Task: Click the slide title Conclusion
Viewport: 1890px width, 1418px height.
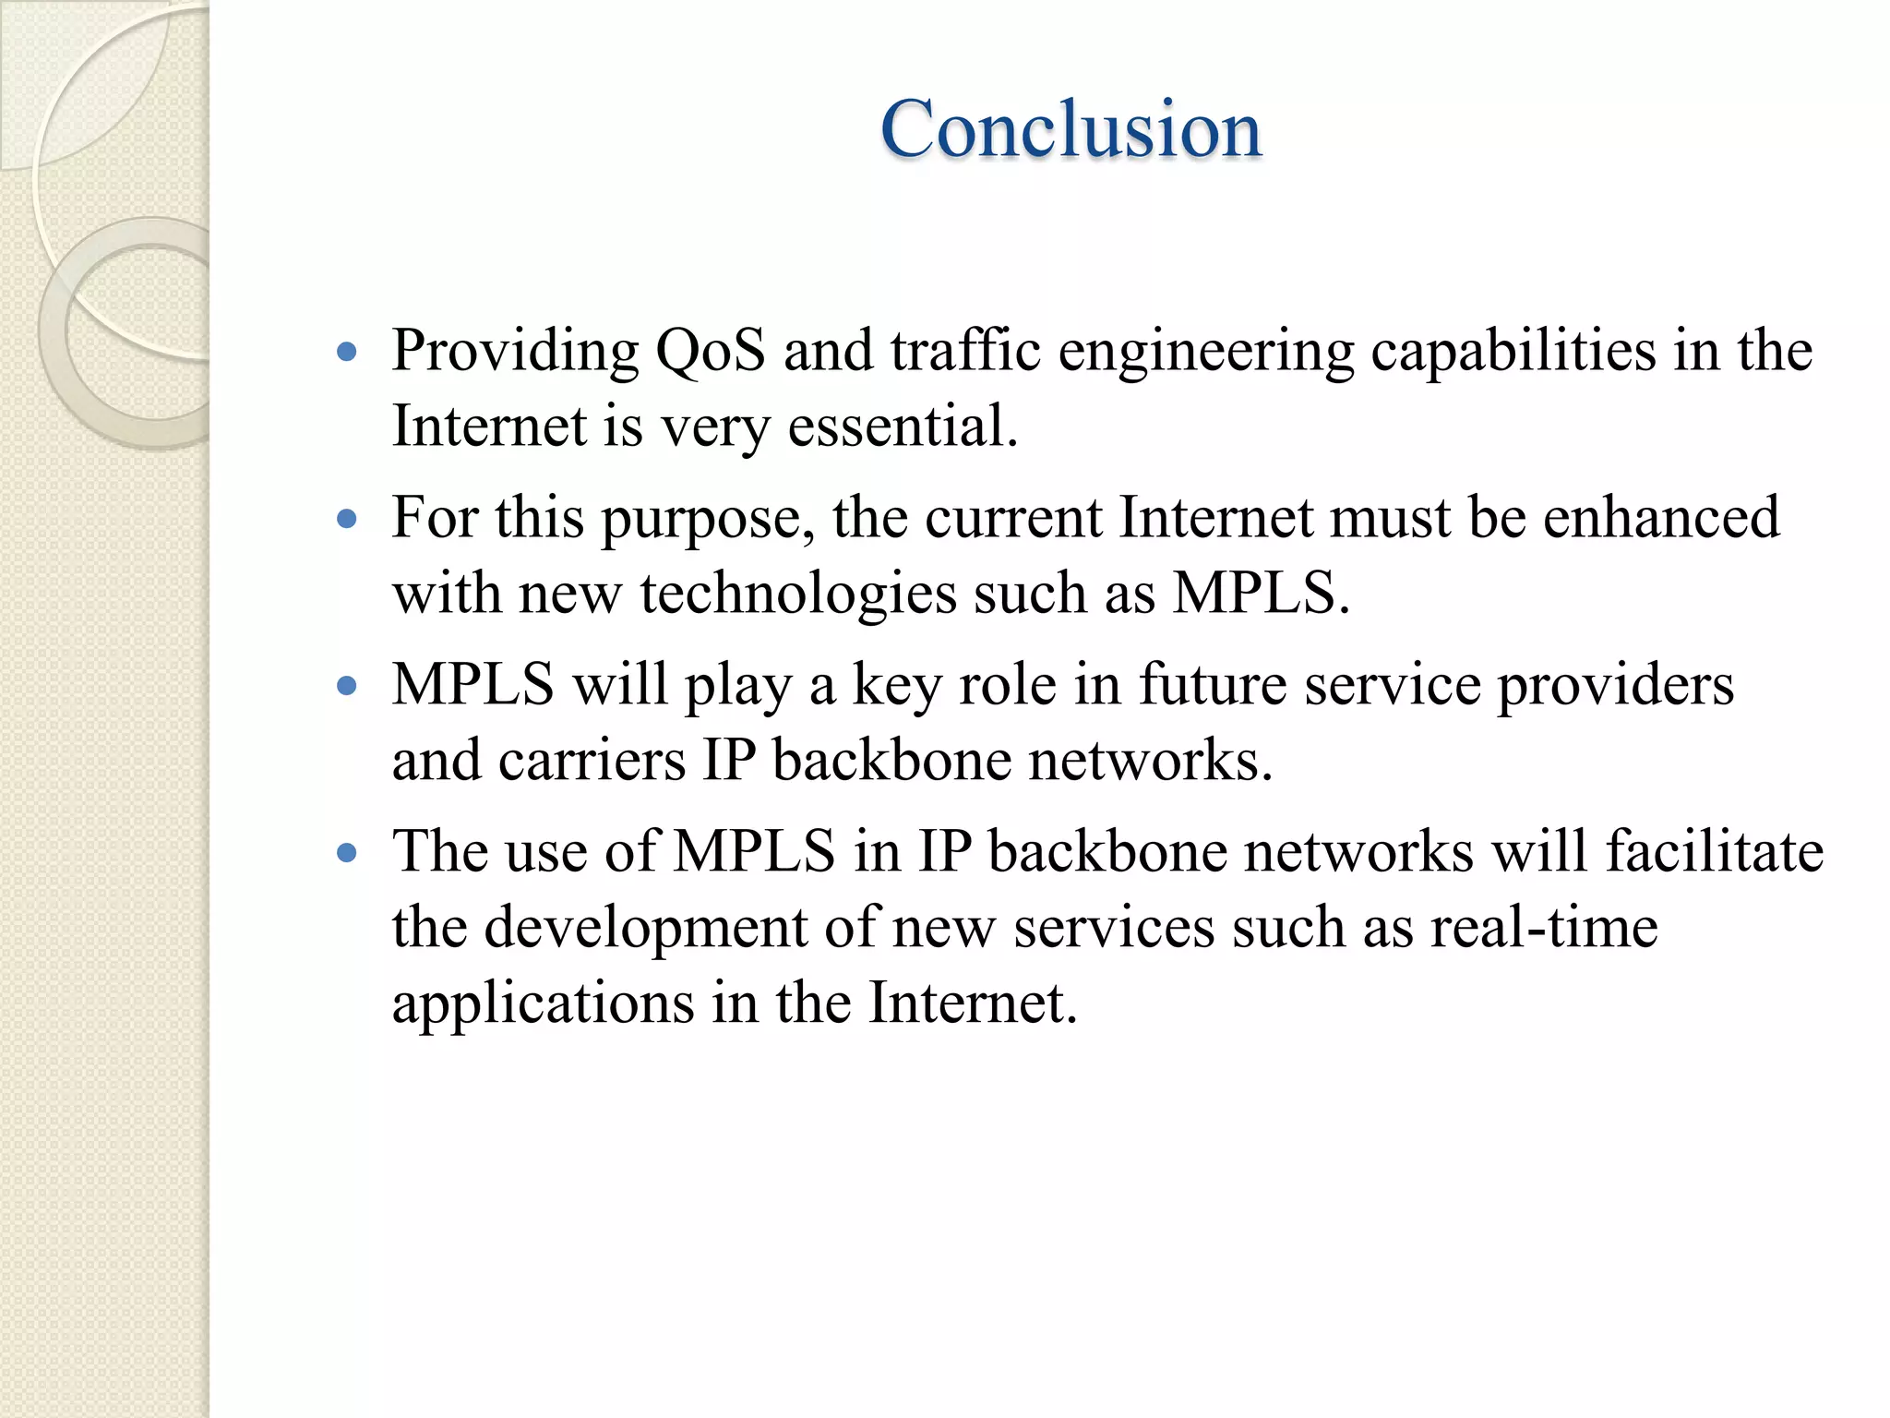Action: coord(1071,129)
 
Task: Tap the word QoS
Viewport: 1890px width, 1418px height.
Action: coord(710,351)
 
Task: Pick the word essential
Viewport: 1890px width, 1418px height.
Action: coord(903,427)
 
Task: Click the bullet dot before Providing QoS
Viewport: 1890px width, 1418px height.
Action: coord(347,352)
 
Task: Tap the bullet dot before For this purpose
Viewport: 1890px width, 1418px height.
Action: coord(347,519)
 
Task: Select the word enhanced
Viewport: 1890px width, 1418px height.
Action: coord(1661,517)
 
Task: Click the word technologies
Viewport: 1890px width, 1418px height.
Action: coord(798,595)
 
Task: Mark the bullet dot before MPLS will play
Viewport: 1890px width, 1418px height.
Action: coord(347,686)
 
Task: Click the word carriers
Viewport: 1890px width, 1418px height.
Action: coord(592,761)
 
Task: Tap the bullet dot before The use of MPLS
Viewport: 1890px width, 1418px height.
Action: coord(347,853)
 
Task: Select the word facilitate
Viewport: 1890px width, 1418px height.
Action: coord(1715,851)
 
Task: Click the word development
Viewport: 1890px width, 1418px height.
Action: coord(646,929)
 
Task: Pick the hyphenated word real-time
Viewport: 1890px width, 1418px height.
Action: coord(1544,927)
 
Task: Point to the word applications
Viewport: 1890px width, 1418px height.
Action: coord(543,1004)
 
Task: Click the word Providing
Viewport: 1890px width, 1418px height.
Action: coord(515,353)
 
